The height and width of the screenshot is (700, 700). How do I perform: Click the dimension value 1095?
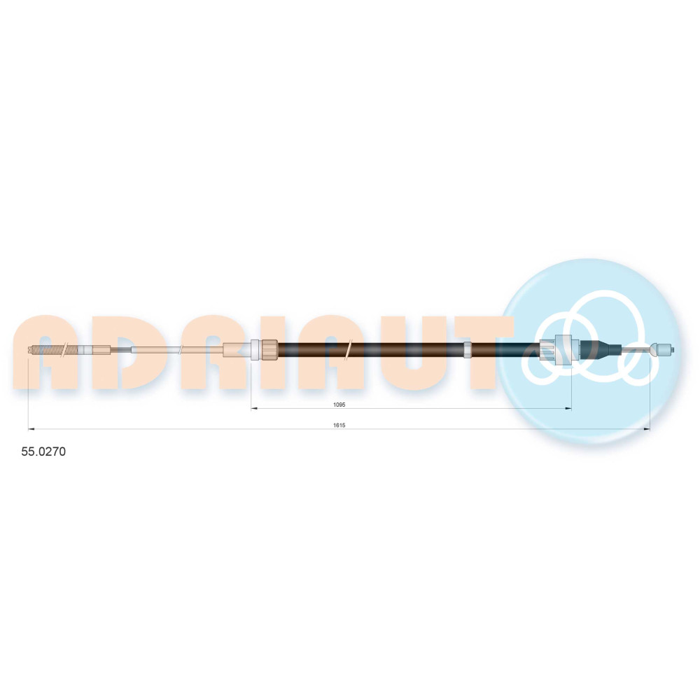click(x=339, y=405)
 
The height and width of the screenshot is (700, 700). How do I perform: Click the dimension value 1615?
click(x=339, y=426)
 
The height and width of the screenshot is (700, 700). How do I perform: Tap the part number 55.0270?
click(x=43, y=451)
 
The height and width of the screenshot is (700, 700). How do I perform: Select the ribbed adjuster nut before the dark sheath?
click(x=269, y=349)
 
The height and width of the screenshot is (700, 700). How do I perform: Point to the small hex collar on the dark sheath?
click(x=468, y=349)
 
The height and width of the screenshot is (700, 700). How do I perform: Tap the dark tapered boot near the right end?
click(x=600, y=349)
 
